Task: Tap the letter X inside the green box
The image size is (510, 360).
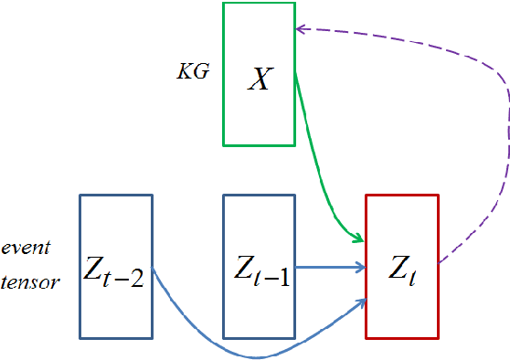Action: [x=260, y=80]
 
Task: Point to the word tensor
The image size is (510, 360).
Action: [x=31, y=281]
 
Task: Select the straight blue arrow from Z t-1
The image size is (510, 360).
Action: [x=329, y=268]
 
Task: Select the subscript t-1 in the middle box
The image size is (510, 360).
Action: [x=274, y=276]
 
